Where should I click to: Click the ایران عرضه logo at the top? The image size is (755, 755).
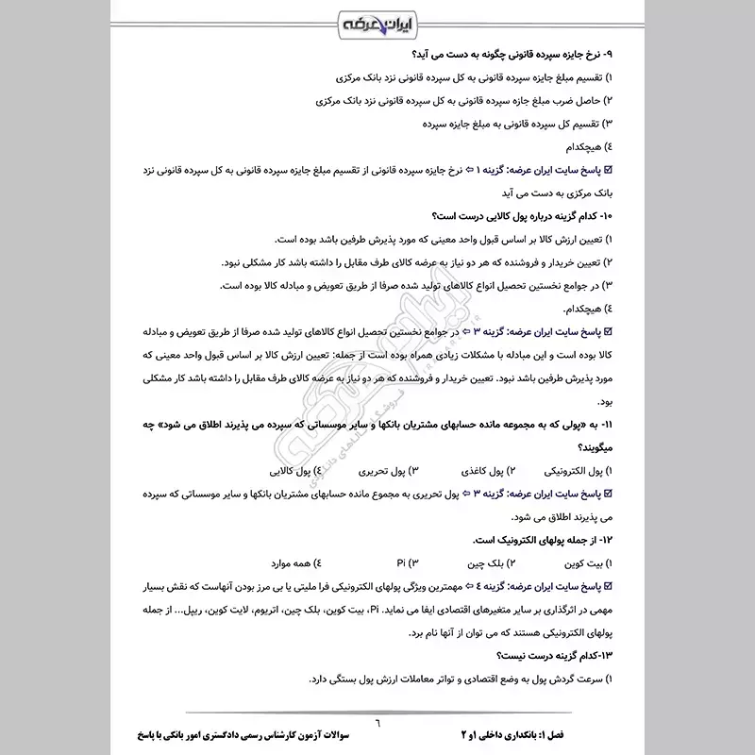tap(377, 21)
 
